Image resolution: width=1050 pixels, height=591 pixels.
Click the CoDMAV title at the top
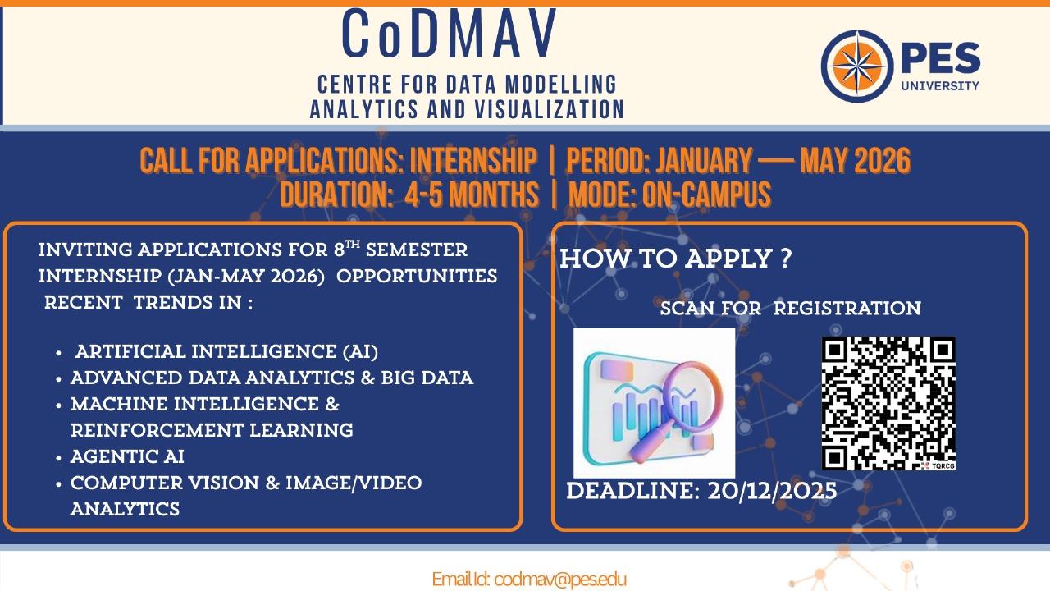(450, 34)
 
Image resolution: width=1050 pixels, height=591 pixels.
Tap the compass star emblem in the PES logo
(857, 66)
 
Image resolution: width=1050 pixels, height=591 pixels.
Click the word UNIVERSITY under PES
(940, 86)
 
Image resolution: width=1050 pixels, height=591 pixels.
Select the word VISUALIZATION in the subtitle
(549, 109)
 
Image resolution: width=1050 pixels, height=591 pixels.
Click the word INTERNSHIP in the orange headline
(473, 161)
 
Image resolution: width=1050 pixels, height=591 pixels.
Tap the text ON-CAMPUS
(706, 195)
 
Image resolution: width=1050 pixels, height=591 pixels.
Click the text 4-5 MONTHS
(472, 195)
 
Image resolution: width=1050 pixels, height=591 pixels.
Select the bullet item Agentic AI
(127, 456)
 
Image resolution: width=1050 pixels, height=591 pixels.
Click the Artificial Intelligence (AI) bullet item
(226, 351)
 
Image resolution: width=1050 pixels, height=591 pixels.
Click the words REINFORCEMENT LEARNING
(212, 430)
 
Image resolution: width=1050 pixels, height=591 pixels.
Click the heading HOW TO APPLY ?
(675, 259)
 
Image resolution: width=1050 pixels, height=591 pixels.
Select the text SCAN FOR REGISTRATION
(790, 308)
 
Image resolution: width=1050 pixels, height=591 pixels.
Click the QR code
(888, 403)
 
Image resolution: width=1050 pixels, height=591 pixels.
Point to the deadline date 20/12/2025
(772, 491)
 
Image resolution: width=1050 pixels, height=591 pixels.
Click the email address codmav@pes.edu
(560, 580)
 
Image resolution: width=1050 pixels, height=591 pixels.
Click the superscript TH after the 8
(353, 245)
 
